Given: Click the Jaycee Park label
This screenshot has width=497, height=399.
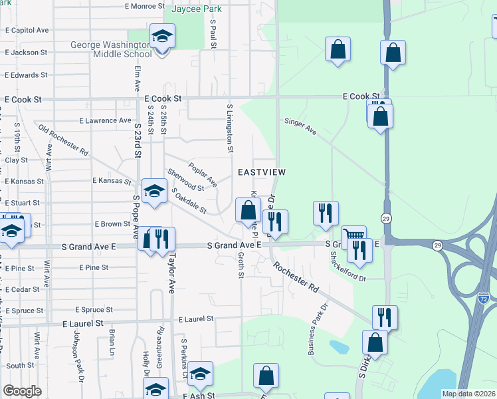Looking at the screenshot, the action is pyautogui.click(x=177, y=10).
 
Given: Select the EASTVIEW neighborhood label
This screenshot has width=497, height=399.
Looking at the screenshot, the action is pyautogui.click(x=262, y=172).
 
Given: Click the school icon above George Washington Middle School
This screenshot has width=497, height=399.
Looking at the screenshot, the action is pyautogui.click(x=162, y=37).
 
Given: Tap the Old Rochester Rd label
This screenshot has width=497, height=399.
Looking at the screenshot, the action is pyautogui.click(x=63, y=140).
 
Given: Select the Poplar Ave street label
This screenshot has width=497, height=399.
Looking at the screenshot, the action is pyautogui.click(x=203, y=174).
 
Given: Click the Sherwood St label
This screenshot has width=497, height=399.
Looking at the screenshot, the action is pyautogui.click(x=185, y=180).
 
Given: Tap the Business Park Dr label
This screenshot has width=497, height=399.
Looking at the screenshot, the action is pyautogui.click(x=318, y=330).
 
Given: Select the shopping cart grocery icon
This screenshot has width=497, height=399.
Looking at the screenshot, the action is pyautogui.click(x=353, y=236).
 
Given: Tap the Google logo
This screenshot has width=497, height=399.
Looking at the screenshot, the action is pyautogui.click(x=23, y=391).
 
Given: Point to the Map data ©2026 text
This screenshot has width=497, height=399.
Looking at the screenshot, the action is pyautogui.click(x=468, y=394).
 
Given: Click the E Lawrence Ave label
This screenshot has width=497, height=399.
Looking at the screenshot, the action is pyautogui.click(x=105, y=121).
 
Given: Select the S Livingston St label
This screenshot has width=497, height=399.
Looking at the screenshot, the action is pyautogui.click(x=231, y=128).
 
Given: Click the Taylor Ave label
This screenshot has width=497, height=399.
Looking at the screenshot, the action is pyautogui.click(x=171, y=272).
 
